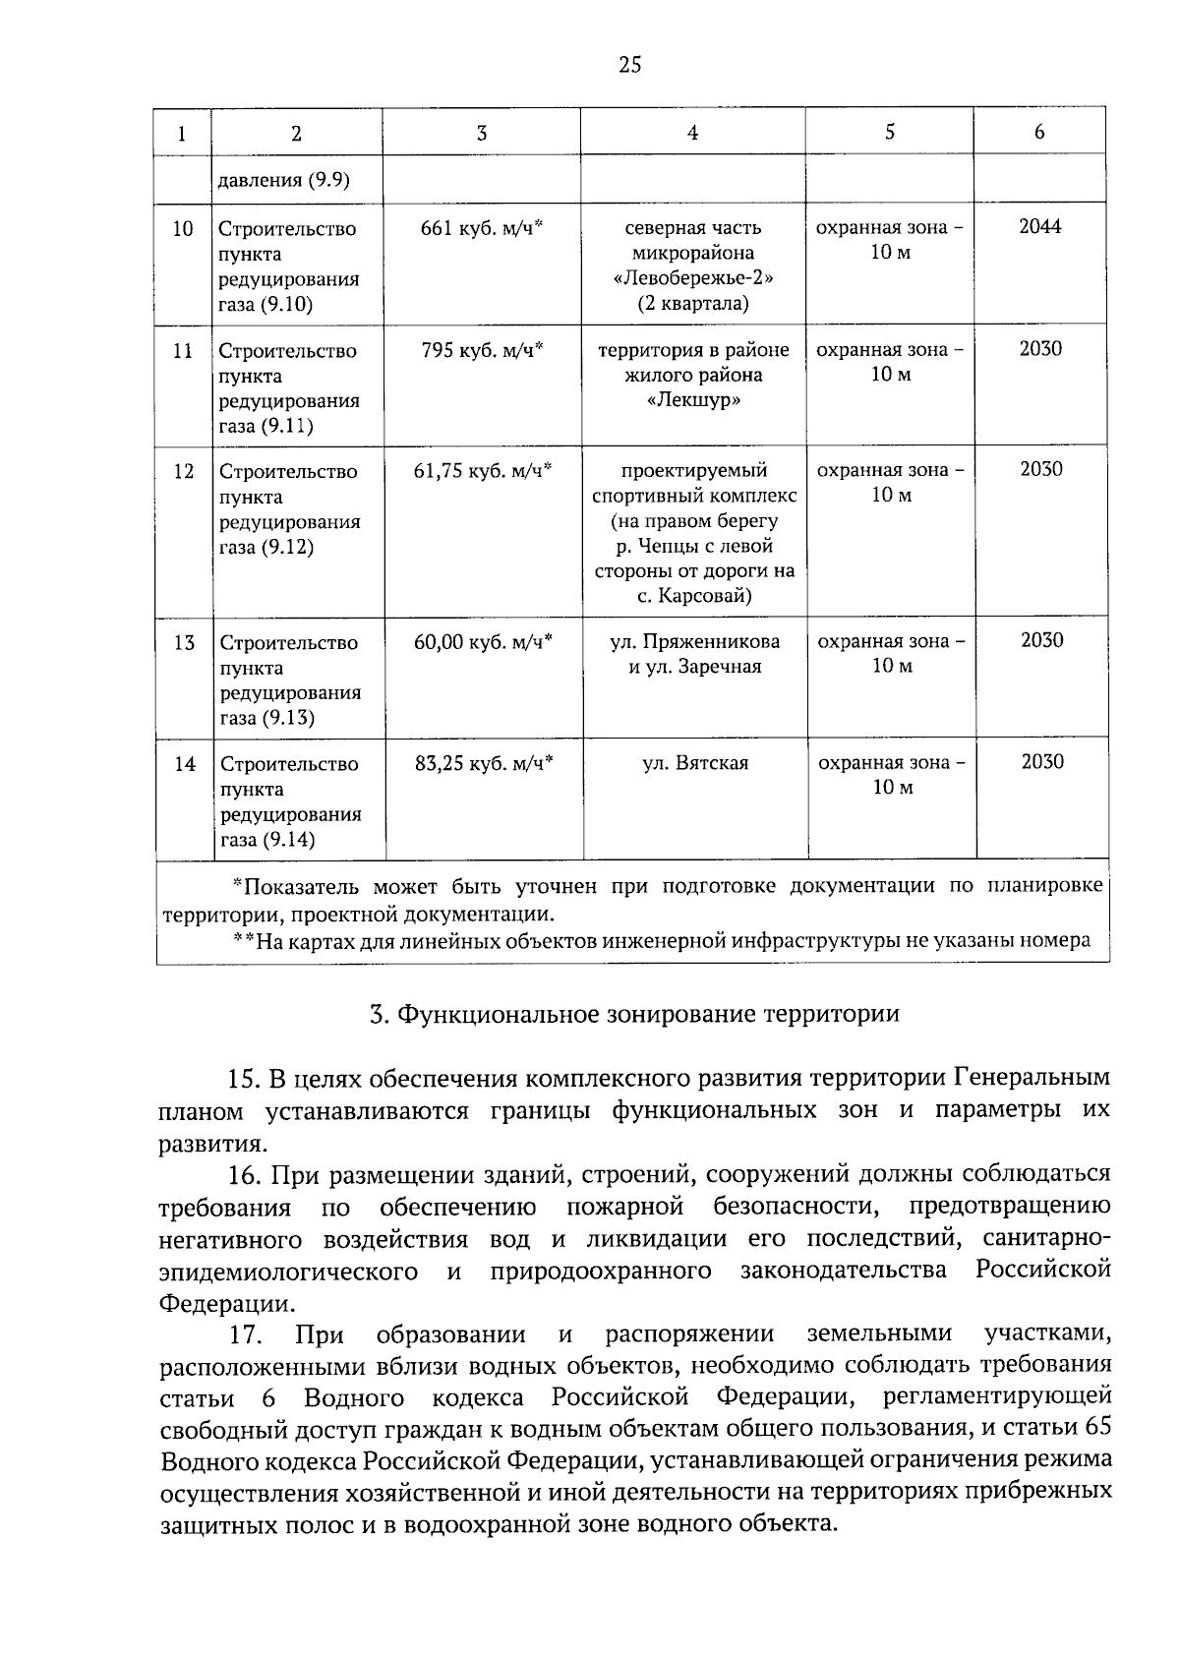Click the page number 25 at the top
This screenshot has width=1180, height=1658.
tap(629, 66)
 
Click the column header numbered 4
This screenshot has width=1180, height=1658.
tap(692, 133)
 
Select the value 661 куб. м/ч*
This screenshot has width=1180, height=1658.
tap(482, 228)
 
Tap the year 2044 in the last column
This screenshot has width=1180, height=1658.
tap(1039, 226)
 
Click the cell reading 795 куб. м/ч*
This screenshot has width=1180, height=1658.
tap(482, 350)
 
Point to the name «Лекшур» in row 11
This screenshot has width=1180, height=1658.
tap(693, 400)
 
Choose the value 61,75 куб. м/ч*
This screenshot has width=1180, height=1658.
tap(483, 470)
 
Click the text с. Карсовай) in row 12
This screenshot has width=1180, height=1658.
tap(693, 596)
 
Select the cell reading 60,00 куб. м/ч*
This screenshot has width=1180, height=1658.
tap(483, 641)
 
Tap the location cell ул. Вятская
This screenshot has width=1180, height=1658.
tap(695, 763)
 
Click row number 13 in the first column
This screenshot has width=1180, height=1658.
tap(184, 643)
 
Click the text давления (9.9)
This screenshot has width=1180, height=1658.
tap(284, 180)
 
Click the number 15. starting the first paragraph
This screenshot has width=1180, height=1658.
tap(243, 1079)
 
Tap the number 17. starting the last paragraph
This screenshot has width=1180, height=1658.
tap(244, 1334)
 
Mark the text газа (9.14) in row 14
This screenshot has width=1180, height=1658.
tap(267, 840)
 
